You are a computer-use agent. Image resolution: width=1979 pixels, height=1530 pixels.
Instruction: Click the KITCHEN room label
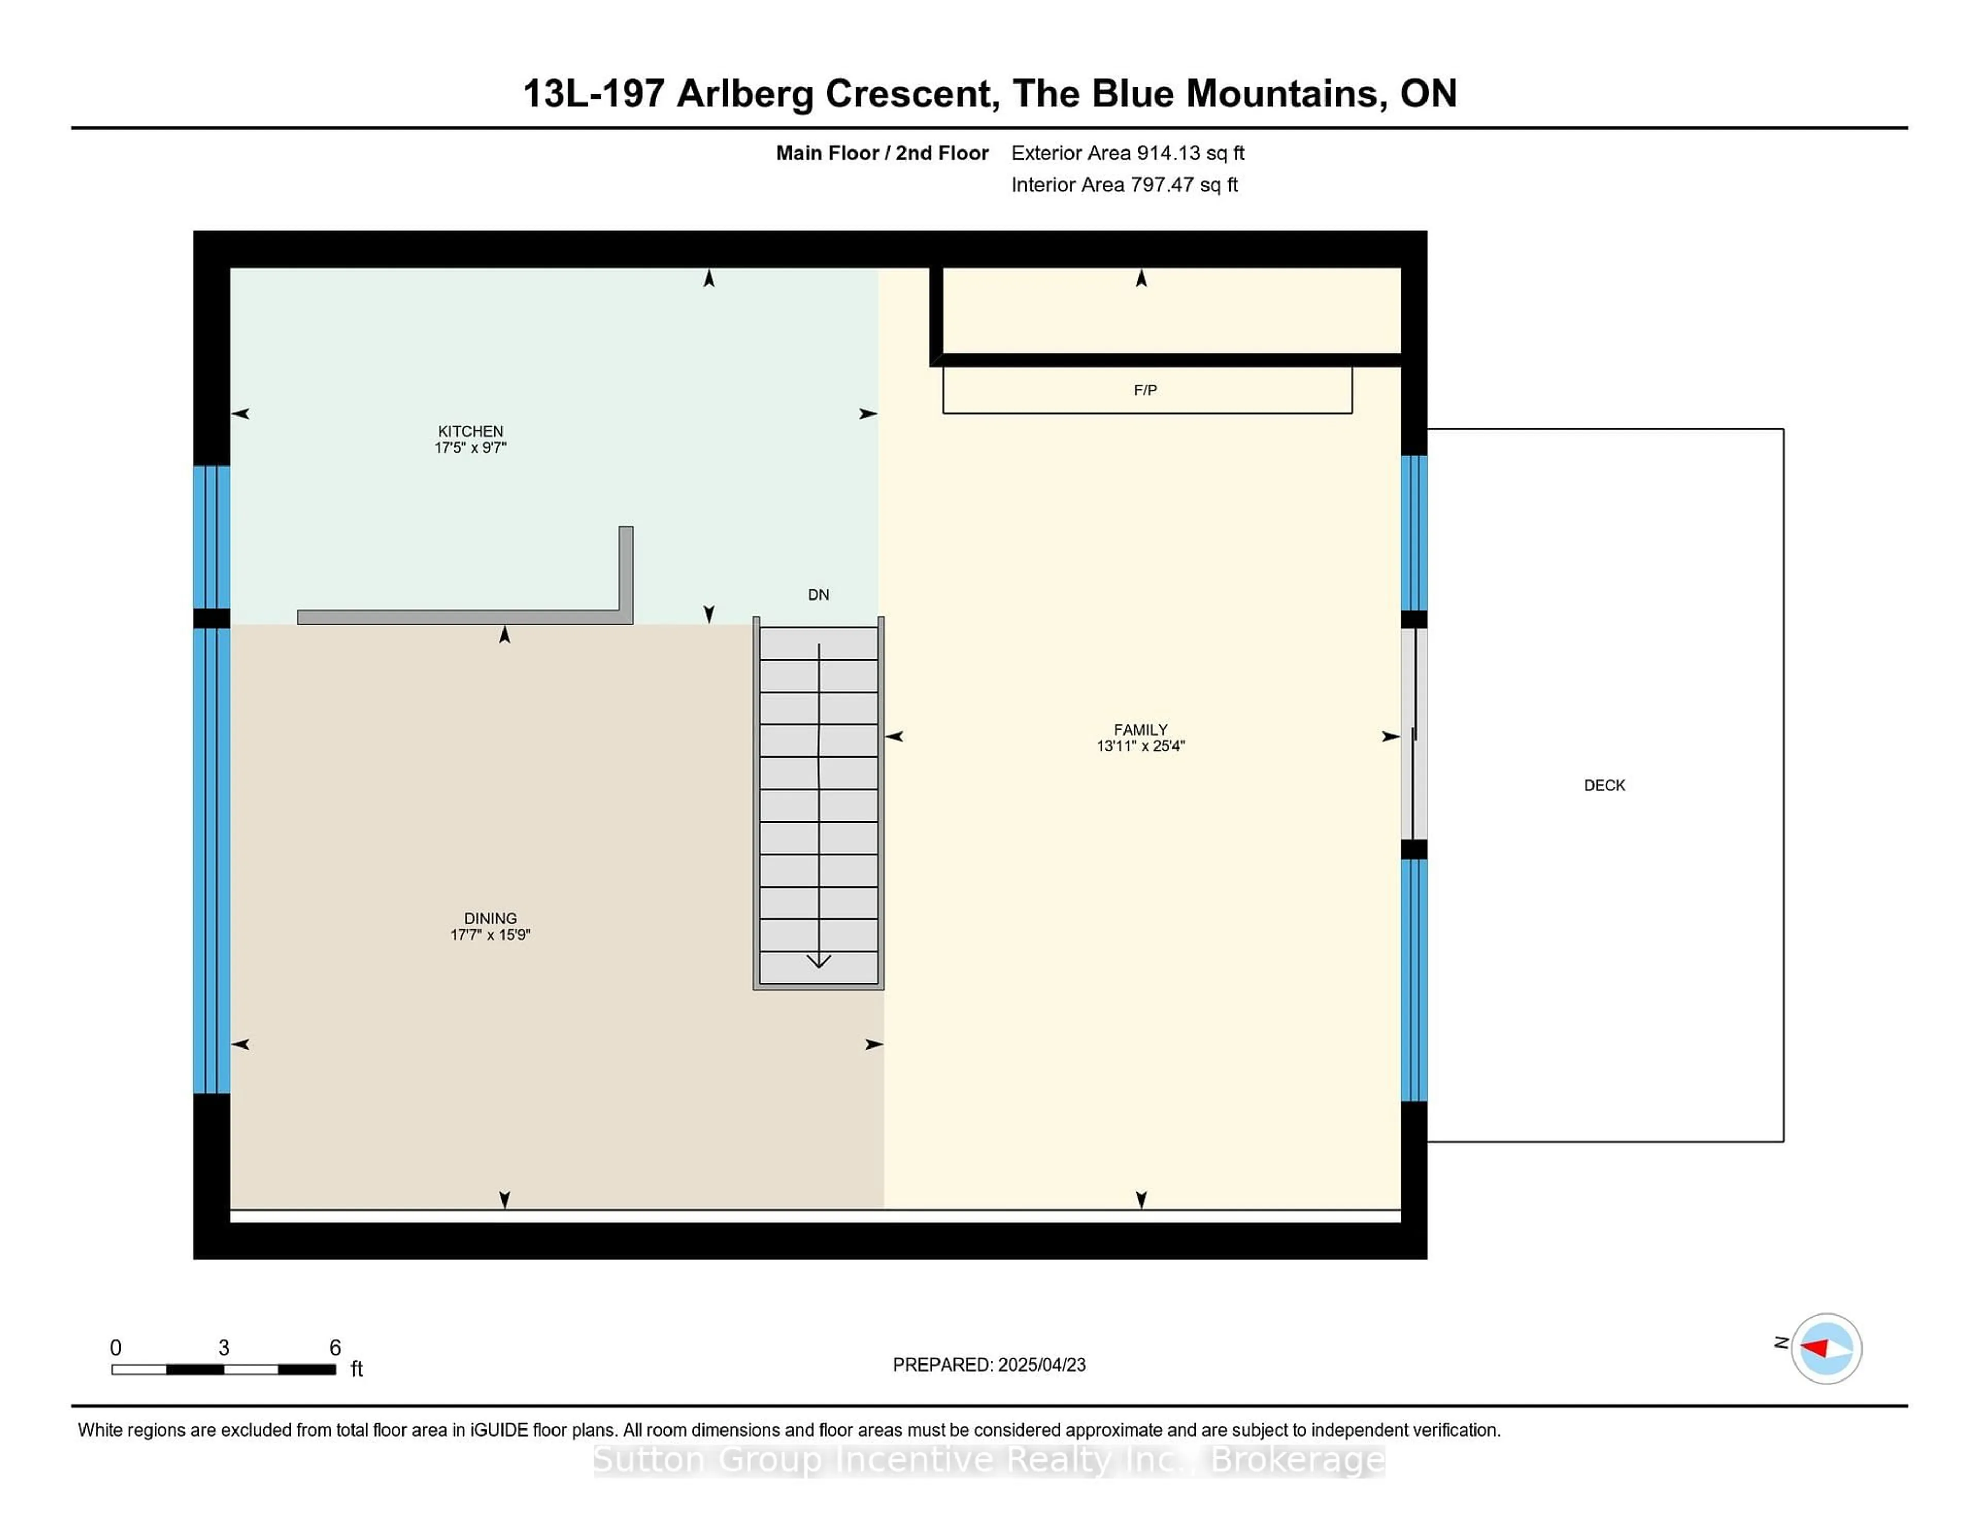(471, 431)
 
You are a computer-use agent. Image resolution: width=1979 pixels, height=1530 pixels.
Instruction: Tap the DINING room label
(490, 918)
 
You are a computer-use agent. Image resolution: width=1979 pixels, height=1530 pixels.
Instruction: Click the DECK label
(1604, 786)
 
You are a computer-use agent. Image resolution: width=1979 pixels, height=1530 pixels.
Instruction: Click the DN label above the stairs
(818, 594)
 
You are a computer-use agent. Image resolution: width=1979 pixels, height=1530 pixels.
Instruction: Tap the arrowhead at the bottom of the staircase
(818, 961)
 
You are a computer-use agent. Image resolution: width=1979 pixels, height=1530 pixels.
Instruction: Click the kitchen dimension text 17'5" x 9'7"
(471, 448)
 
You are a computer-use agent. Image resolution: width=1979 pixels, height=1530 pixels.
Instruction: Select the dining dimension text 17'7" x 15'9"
(490, 935)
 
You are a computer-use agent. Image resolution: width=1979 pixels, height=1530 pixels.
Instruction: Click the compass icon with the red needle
(1826, 1348)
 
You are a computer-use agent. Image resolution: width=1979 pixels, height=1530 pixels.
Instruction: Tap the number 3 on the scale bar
(224, 1348)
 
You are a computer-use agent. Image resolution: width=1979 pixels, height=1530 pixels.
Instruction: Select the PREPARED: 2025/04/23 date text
(988, 1365)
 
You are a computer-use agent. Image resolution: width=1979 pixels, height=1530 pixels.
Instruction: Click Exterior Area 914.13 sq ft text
(1127, 153)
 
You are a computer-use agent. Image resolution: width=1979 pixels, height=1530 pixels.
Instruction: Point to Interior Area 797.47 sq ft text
(1123, 185)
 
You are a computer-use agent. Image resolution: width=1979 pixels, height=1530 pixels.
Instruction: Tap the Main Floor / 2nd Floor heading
(882, 153)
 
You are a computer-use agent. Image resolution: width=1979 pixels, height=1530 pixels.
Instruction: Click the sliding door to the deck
(1414, 734)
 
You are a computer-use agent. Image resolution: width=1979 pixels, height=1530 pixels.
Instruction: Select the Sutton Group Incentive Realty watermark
(988, 1460)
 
